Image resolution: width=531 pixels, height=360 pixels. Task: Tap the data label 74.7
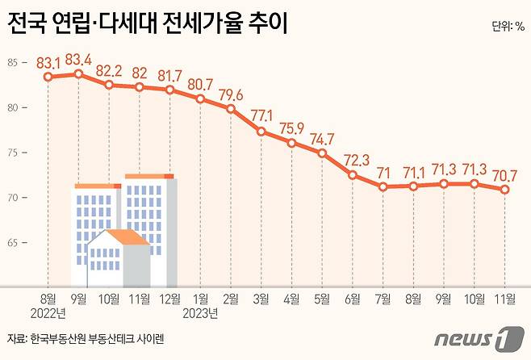tap(323, 136)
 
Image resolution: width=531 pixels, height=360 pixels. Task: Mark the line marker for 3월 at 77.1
tap(261, 131)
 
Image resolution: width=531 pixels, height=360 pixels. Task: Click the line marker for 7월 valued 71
tap(384, 186)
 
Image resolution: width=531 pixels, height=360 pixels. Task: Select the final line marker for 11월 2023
tap(504, 190)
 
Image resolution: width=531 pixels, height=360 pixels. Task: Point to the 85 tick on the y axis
tap(14, 63)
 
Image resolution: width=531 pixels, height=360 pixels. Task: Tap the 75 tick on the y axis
tap(14, 153)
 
